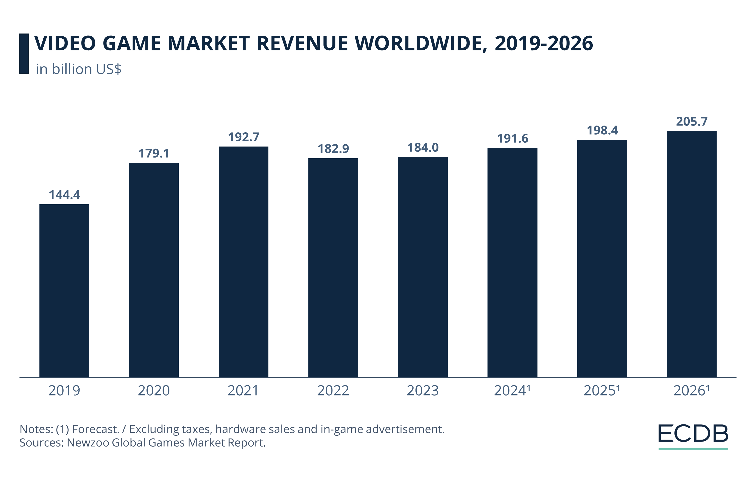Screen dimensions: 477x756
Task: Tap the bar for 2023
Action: [423, 267]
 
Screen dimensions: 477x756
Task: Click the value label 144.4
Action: [64, 195]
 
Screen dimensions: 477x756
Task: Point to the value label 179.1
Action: [154, 153]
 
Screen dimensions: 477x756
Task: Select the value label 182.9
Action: [333, 149]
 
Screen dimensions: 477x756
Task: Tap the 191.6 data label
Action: [512, 138]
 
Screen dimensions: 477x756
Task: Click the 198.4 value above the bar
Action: [602, 130]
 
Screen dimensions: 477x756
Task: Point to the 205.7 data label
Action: [692, 121]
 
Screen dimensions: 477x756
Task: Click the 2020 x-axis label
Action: [154, 390]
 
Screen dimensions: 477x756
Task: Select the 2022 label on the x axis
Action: [333, 390]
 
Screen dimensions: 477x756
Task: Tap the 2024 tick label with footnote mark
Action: [512, 390]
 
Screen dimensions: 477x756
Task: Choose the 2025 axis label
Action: [602, 390]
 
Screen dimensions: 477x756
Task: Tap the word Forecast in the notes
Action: [95, 429]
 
